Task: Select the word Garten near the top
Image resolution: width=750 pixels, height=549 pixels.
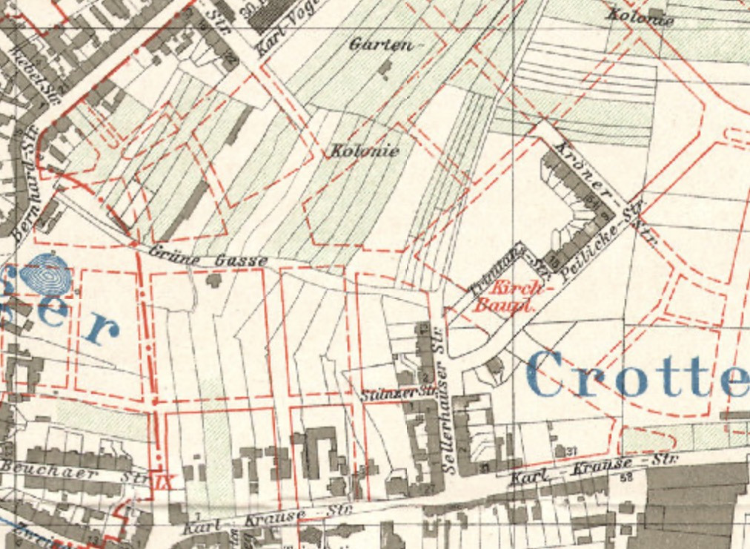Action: point(380,45)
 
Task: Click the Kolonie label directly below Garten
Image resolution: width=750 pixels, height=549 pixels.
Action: point(363,151)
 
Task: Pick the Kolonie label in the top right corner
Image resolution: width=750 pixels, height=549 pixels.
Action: point(640,16)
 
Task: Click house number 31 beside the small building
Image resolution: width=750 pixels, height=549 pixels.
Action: point(571,450)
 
